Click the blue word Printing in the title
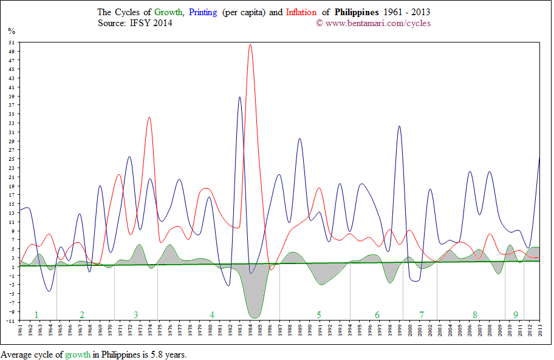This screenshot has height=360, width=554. pos(203,12)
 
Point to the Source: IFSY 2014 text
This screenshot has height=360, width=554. pos(135,23)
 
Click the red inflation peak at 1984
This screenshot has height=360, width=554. pos(250,45)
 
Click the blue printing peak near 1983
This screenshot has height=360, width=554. pos(240,97)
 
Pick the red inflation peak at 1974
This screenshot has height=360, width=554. pos(149,118)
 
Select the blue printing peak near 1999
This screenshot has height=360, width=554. pos(399,126)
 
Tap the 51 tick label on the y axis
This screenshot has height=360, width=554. pos(12,42)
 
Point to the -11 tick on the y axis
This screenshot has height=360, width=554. pos(12,321)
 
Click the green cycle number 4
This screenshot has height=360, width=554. pos(212,314)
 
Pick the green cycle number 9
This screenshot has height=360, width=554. pos(516,314)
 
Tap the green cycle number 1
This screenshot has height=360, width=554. pos(36,314)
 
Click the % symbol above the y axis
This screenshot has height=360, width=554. pos(11,30)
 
